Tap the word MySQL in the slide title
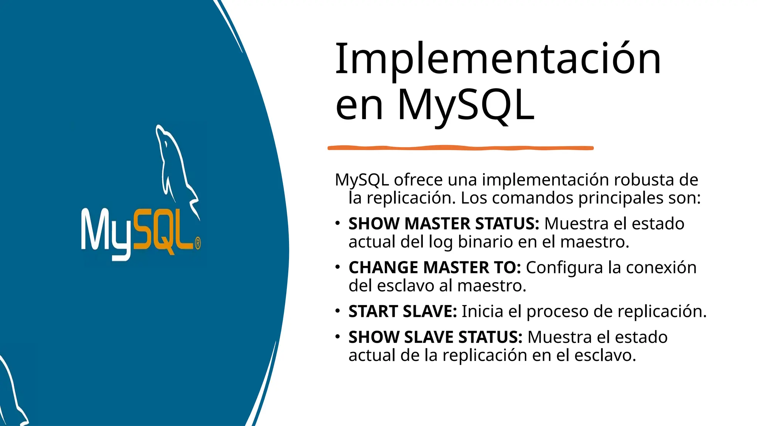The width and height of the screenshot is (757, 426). (466, 105)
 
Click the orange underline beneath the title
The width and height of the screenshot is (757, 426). (460, 148)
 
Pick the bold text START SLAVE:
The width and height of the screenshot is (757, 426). (403, 311)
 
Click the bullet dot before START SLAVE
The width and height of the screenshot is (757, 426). (337, 311)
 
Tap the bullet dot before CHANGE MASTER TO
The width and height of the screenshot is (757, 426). (337, 267)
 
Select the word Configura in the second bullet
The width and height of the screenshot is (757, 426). (564, 267)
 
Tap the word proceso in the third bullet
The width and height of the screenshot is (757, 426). (556, 312)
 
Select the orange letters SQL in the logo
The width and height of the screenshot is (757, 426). (163, 231)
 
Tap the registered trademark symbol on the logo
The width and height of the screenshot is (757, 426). (198, 243)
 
